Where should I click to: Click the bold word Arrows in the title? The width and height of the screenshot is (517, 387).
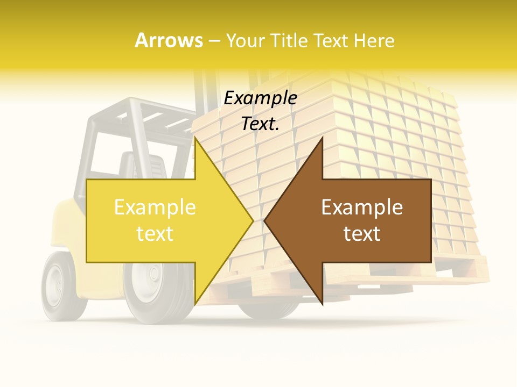point(169,40)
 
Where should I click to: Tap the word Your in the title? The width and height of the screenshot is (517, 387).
point(245,41)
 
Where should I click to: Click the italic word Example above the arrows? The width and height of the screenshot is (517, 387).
point(260,98)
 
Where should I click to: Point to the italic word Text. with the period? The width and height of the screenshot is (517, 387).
point(260,124)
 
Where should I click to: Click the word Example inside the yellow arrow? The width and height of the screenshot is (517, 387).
point(155,207)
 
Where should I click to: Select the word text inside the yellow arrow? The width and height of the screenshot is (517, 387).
point(155,234)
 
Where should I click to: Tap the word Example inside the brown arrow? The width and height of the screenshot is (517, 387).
point(362,207)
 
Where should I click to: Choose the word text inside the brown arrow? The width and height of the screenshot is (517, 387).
point(362,234)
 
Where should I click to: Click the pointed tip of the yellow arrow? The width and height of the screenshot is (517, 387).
point(252,220)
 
